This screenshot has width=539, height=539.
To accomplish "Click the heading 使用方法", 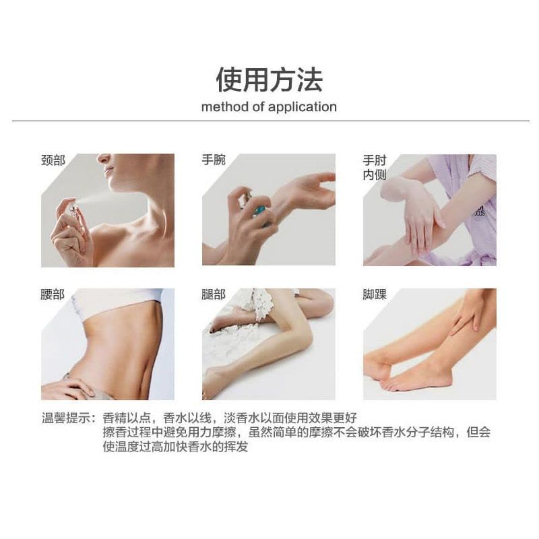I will pyautogui.click(x=269, y=80).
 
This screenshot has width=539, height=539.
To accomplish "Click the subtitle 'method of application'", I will pyautogui.click(x=269, y=106).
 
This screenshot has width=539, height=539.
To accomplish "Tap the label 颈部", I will pyautogui.click(x=53, y=160).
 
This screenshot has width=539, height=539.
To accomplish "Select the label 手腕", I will pyautogui.click(x=214, y=160).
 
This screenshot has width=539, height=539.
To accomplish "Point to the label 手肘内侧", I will pyautogui.click(x=375, y=168).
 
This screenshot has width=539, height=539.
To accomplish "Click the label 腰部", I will pyautogui.click(x=53, y=294).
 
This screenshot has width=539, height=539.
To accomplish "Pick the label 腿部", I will pyautogui.click(x=214, y=294).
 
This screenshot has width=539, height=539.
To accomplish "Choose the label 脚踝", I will pyautogui.click(x=375, y=294).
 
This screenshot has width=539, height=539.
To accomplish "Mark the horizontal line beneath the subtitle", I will pyautogui.click(x=269, y=121).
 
